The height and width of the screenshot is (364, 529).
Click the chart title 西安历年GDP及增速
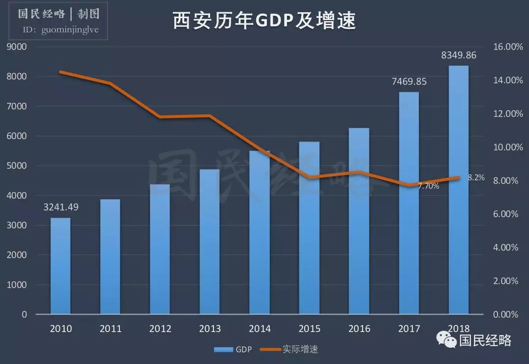pos(264,22)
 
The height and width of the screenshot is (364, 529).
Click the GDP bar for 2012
pos(160,249)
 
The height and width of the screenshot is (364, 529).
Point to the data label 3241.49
pos(61,207)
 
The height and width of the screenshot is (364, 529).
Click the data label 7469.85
pos(409,81)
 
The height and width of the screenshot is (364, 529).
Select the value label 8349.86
pos(458,55)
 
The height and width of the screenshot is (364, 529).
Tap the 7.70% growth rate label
pos(429,186)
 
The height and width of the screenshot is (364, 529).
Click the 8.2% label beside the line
pos(476,178)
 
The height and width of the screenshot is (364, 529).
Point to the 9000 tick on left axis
pos(17,47)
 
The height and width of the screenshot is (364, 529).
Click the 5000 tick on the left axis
pos(17,166)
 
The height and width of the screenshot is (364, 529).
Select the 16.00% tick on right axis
pos(504,47)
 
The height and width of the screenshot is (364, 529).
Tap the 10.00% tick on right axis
pos(504,147)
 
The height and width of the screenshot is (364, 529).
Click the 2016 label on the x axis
pos(359,329)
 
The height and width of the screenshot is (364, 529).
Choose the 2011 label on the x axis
pos(111,329)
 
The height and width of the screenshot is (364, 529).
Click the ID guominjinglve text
pos(61,30)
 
